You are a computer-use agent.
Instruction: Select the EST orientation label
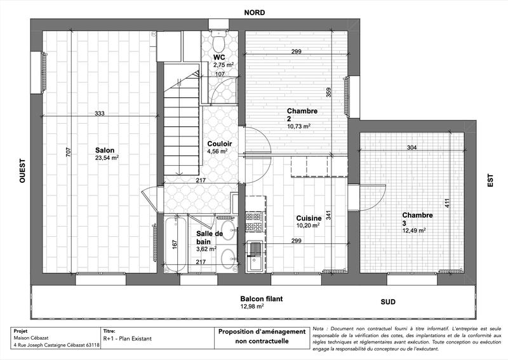point(490,181)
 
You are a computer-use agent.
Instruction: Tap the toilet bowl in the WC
point(218,43)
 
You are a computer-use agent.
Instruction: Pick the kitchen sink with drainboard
point(255,257)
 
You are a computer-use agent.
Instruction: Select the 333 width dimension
point(99,114)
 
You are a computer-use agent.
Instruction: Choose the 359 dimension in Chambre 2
point(329,93)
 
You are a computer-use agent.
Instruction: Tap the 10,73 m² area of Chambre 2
point(298,126)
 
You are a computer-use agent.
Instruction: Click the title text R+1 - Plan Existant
point(127,338)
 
